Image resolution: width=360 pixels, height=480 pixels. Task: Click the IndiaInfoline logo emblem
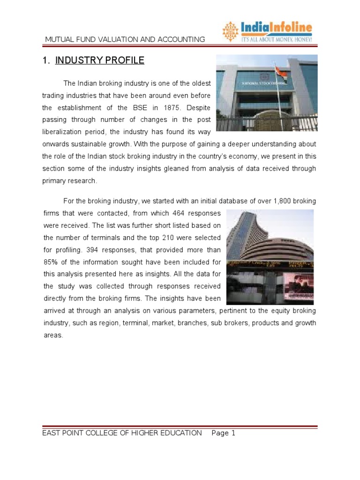(230, 31)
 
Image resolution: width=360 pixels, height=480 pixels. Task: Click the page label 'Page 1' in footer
(224, 433)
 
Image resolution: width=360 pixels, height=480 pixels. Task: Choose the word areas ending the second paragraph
(52, 335)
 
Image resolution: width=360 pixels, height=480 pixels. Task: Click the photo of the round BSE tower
(270, 257)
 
